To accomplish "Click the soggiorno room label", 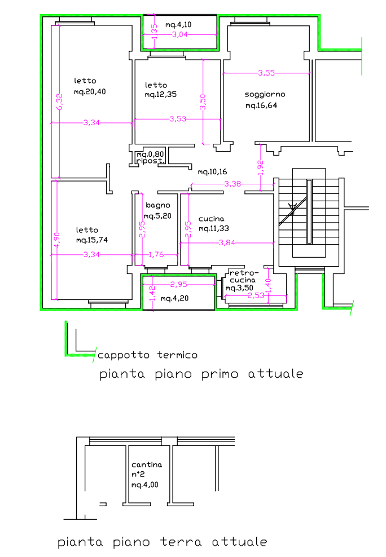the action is pos(265,95).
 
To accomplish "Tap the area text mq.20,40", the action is pos(90,92).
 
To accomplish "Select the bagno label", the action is pos(158,205).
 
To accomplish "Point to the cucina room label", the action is pos(211,219).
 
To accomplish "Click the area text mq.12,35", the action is pos(160,95).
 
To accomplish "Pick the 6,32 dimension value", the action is pos(59,101).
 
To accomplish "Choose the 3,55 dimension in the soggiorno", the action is pos(266,73).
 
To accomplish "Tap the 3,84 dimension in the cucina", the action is pos(227,242).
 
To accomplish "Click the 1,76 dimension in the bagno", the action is pos(156,254).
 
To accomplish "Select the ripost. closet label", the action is pos(150,161).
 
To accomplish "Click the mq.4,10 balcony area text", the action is pos(178,24).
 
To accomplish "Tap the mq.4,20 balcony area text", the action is pos(174,298).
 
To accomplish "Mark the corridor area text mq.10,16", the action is pos(212,172).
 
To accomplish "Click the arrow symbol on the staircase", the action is pos(292,206).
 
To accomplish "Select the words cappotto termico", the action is pos(147,355).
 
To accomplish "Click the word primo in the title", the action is pos(220,374).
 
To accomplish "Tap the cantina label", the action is pos(146,465).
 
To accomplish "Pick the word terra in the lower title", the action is pos(181,542).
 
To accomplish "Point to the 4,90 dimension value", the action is pos(57,241).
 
